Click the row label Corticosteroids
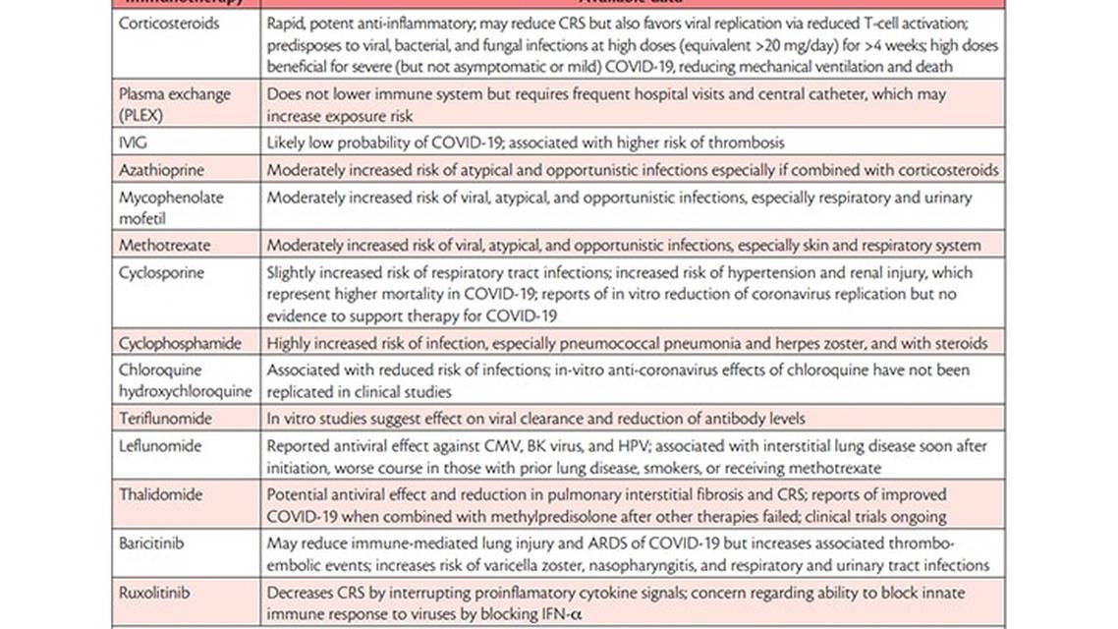[x=168, y=24]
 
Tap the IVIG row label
[x=134, y=143]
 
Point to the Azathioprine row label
[x=163, y=170]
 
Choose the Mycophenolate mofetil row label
[x=171, y=207]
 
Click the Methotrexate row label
[x=164, y=245]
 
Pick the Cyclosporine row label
[x=161, y=272]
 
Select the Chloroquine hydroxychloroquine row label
[x=185, y=380]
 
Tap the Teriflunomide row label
[x=165, y=418]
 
